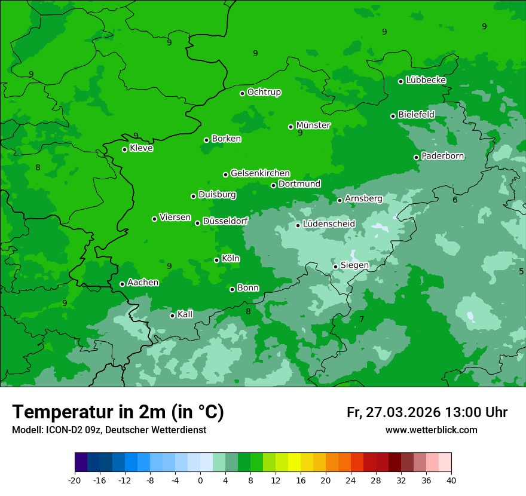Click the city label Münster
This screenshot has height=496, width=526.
pos(313,125)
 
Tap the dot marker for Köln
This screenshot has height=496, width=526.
pos(216,260)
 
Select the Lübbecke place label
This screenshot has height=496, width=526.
pos(426,80)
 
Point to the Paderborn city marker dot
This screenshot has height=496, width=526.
pos(416,157)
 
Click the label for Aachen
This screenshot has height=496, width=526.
pos(143,283)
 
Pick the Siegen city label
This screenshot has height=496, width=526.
pos(354,265)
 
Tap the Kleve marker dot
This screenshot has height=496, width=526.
pos(124,149)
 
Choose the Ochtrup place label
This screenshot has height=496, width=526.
pos(264,92)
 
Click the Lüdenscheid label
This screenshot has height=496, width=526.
pos(329,224)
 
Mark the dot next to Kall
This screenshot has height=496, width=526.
pos(172,316)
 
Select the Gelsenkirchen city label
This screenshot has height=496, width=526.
pos(260,173)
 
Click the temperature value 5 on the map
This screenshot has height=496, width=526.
pos(521,271)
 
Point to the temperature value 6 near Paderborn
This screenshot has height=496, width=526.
pos(455,200)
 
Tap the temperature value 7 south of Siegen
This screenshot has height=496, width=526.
pos(362,320)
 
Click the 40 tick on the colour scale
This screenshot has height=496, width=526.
pos(451,480)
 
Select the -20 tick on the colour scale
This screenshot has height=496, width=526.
pos(75,480)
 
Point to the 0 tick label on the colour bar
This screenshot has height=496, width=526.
pos(200,480)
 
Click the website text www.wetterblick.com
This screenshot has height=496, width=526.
pos(431,430)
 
